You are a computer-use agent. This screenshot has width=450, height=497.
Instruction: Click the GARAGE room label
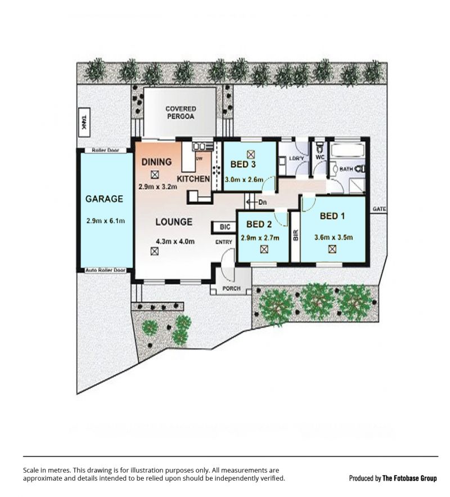click(x=104, y=199)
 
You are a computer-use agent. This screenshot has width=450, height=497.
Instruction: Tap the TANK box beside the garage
click(x=84, y=122)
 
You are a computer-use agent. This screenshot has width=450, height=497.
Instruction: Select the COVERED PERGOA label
click(x=181, y=113)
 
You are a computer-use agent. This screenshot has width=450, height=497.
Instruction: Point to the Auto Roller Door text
click(x=105, y=270)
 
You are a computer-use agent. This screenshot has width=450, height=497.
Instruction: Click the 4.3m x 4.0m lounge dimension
click(x=175, y=241)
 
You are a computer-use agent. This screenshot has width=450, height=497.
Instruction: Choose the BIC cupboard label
click(x=225, y=227)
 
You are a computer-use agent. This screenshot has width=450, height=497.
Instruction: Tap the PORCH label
click(x=232, y=288)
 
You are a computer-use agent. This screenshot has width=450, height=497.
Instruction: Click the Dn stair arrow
click(x=256, y=202)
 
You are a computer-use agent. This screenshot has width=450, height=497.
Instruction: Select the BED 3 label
click(x=243, y=164)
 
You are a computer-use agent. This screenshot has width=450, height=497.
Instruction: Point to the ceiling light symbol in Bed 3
click(x=251, y=154)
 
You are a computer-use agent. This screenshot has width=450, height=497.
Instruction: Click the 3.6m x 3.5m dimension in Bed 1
click(x=334, y=238)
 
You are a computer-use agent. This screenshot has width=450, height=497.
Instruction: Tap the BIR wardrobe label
click(x=296, y=235)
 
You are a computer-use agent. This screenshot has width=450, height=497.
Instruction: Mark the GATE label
click(x=379, y=209)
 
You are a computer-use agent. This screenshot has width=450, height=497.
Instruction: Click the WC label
click(x=320, y=157)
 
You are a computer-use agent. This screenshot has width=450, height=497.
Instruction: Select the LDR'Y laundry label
click(x=296, y=158)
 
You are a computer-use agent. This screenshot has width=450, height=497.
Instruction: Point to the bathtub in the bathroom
click(x=348, y=150)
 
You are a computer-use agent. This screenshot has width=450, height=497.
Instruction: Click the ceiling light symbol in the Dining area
click(x=155, y=174)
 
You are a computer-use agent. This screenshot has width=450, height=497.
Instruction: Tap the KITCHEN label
click(x=193, y=179)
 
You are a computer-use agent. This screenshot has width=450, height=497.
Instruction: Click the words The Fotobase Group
click(x=409, y=478)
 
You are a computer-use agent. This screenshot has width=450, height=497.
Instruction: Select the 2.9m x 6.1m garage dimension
click(x=105, y=221)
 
